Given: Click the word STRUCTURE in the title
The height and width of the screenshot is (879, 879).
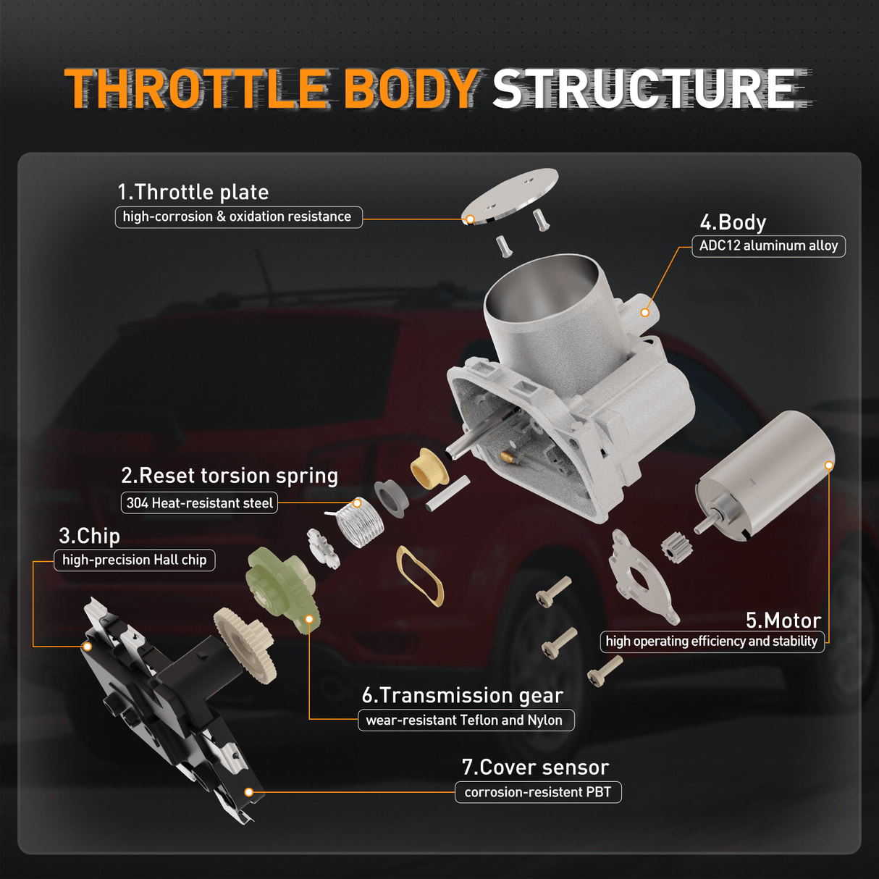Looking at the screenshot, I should point(646,89).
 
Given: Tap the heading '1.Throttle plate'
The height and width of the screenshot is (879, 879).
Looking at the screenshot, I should point(193,192).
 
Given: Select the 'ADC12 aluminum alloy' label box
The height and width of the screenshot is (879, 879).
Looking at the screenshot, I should point(768,245).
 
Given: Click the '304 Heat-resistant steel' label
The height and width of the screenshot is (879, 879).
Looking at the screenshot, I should point(199,502).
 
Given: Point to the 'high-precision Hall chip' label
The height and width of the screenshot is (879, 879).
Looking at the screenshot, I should point(134,560).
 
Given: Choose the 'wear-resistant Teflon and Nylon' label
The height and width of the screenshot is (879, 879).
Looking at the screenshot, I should point(464,720).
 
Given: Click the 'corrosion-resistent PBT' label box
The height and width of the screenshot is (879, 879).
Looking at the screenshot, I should point(537,792).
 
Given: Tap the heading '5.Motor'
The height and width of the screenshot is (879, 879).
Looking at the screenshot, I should point(783,621).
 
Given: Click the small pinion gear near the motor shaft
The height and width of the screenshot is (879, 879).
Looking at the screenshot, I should point(677,547).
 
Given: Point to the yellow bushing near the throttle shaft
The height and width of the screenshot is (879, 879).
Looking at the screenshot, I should point(429,467).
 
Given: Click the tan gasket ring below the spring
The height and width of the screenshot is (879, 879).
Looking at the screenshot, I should point(419,576).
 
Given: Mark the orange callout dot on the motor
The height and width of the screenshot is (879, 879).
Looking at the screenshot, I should point(829,466).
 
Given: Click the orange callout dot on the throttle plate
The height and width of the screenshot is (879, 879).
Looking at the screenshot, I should point(470,219).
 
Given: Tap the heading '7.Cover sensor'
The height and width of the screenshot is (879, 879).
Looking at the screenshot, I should point(535,767).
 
